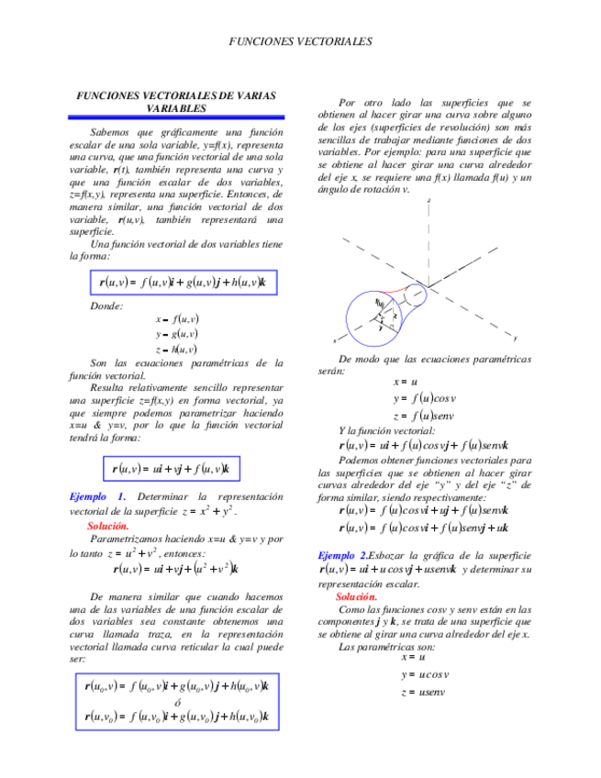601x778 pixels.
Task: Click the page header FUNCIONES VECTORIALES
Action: (300, 41)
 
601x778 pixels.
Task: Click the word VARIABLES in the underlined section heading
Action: (176, 108)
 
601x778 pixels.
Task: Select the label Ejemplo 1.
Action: (97, 496)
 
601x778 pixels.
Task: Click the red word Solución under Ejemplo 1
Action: (108, 526)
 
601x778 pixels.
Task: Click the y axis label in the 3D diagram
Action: (515, 338)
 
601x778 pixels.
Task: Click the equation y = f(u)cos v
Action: (425, 398)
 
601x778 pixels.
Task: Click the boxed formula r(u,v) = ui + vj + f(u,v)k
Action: (171, 469)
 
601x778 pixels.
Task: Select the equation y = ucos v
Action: (423, 674)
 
